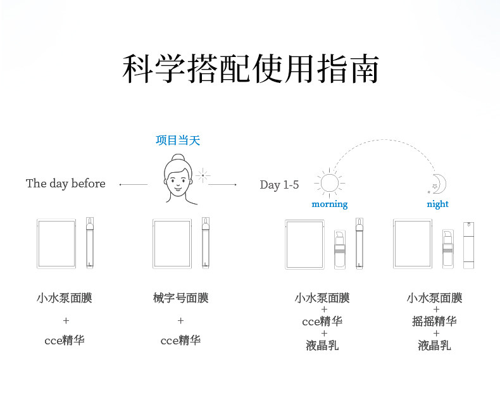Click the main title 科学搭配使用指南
pos(250,70)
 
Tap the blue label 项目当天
pos(178,141)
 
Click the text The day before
pos(66,184)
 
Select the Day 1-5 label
pos(279,185)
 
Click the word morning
pos(330,204)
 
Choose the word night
pos(437,204)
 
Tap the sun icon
pos(329,183)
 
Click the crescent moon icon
pos(439,184)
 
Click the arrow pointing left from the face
pos(133,184)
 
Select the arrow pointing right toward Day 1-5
pos(222,184)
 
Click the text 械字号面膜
pos(180,298)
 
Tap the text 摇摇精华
pos(434,321)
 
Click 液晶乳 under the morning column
pos(322,345)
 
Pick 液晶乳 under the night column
pos(434,345)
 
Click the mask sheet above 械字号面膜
pos(172,243)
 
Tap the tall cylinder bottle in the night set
pos(468,244)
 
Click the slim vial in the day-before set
pos(89,243)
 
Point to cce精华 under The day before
pos(64,340)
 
